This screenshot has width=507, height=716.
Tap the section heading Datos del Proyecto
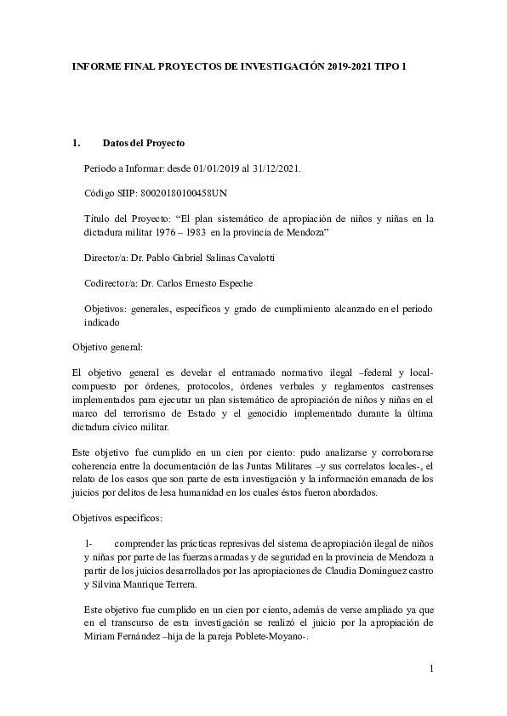point(143,143)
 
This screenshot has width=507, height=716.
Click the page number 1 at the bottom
point(431,669)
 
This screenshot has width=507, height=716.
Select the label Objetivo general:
point(107,347)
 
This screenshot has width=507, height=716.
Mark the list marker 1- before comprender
point(88,542)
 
